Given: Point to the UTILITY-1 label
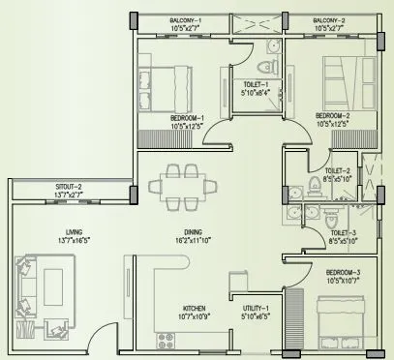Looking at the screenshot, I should [257, 307].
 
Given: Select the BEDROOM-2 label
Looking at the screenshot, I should [333, 117].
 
